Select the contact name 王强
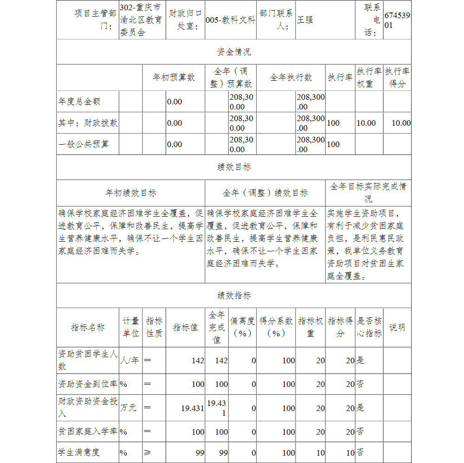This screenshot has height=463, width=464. [305, 20]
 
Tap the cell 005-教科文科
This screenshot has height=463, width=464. [230, 20]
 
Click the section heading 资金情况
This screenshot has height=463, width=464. [233, 51]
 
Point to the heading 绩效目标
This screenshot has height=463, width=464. [233, 167]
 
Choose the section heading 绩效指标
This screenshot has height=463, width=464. [233, 296]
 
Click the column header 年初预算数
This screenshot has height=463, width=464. [174, 77]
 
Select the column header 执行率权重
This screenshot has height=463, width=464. [369, 77]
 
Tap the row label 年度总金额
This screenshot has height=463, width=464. [79, 101]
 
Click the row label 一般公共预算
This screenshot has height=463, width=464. [84, 144]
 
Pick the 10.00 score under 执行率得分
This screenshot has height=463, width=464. [401, 123]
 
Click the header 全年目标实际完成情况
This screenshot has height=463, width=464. [368, 193]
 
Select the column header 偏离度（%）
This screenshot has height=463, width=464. [242, 327]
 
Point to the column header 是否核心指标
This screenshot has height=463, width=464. [369, 327]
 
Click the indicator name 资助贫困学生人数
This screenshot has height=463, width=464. [87, 360]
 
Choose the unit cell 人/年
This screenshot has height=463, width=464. [129, 360]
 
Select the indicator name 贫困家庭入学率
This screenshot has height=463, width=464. [87, 431]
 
